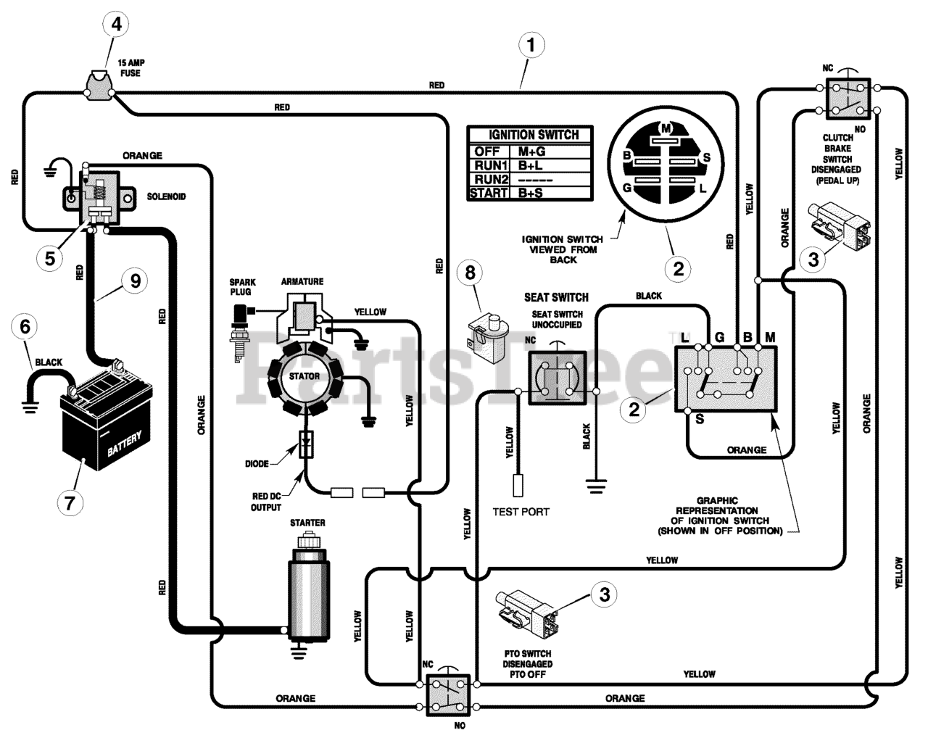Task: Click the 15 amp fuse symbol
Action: pyautogui.click(x=99, y=86)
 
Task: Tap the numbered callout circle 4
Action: pyautogui.click(x=117, y=24)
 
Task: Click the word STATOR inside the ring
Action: pyautogui.click(x=304, y=376)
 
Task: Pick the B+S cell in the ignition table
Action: pyautogui.click(x=531, y=193)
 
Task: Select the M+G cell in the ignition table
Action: pyautogui.click(x=531, y=152)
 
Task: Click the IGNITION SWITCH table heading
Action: pyautogui.click(x=534, y=135)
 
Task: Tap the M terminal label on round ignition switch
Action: pyautogui.click(x=666, y=128)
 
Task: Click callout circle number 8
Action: pyautogui.click(x=470, y=273)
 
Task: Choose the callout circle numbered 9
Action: pyautogui.click(x=136, y=281)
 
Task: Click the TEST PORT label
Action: pyautogui.click(x=521, y=512)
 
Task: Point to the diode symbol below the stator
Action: pyautogui.click(x=307, y=444)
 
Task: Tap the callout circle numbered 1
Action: pyautogui.click(x=531, y=45)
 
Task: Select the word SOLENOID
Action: pyautogui.click(x=167, y=196)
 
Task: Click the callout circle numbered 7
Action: pyautogui.click(x=70, y=503)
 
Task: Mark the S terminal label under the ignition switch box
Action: pyautogui.click(x=700, y=419)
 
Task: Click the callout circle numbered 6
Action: pyautogui.click(x=25, y=326)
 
